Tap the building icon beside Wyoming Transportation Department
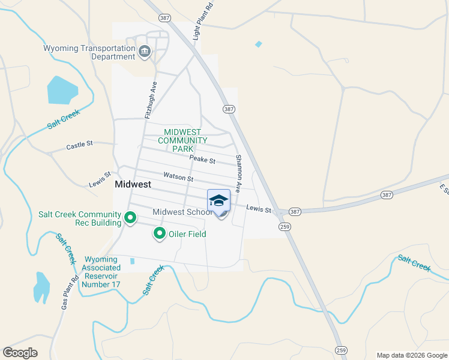145,52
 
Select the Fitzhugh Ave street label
151,99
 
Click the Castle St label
80,145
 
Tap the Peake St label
202,160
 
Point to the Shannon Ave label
238,173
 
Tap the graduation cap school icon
219,200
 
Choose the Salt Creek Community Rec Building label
80,218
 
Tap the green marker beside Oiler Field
160,233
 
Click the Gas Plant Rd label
69,293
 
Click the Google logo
20,353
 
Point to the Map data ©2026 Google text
411,355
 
